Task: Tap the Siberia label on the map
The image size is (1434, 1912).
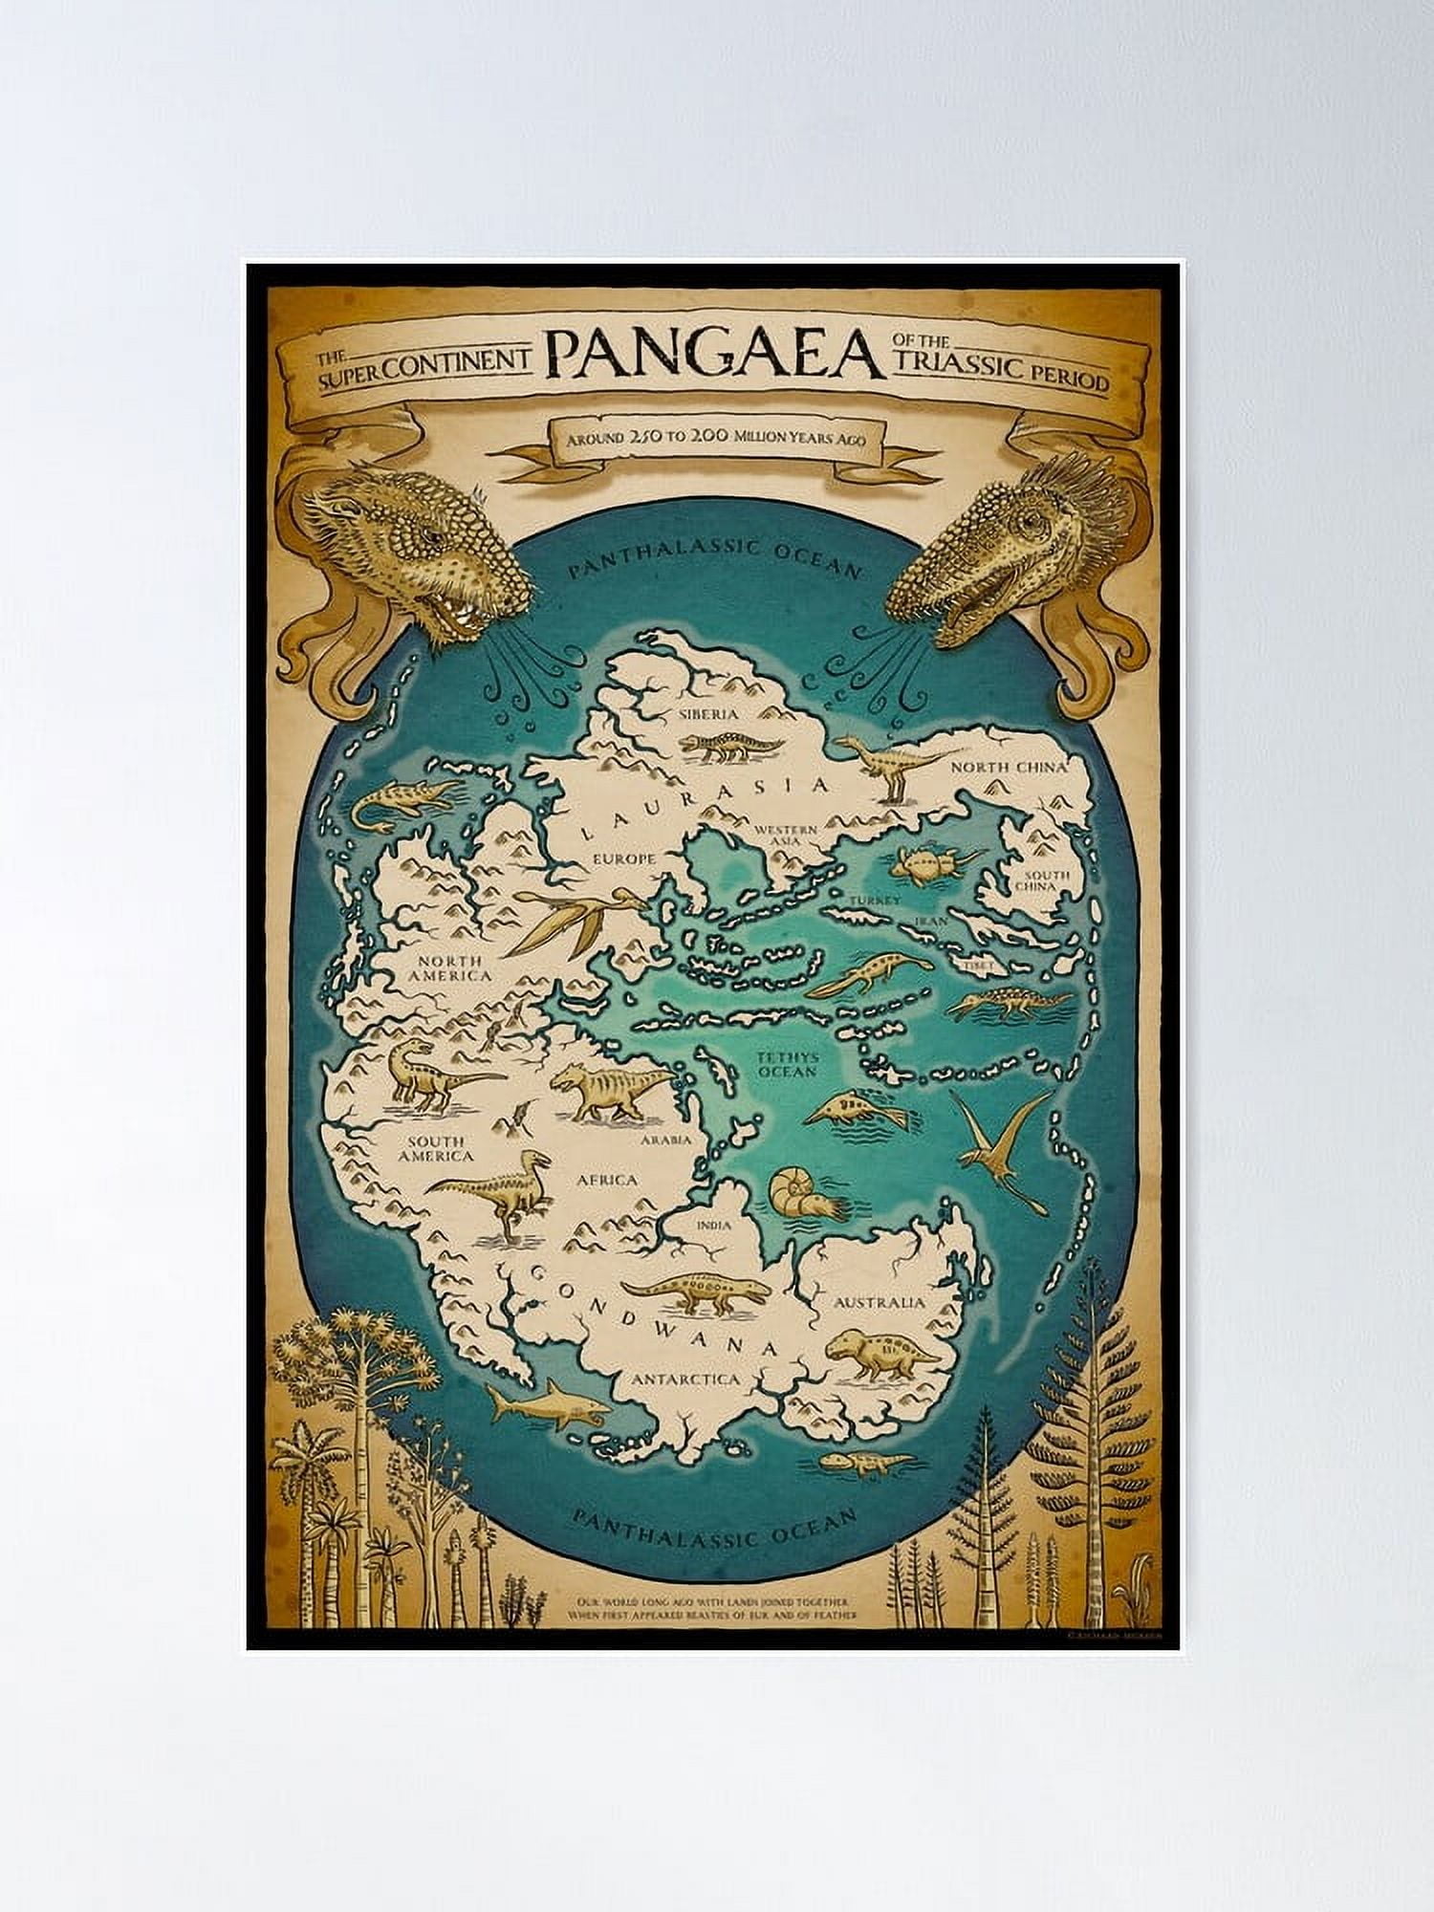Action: [x=708, y=714]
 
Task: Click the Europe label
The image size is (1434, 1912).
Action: [x=623, y=858]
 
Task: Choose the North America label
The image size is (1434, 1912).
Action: [x=449, y=968]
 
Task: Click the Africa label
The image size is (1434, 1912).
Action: [x=606, y=1180]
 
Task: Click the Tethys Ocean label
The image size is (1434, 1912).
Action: [x=786, y=1064]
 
